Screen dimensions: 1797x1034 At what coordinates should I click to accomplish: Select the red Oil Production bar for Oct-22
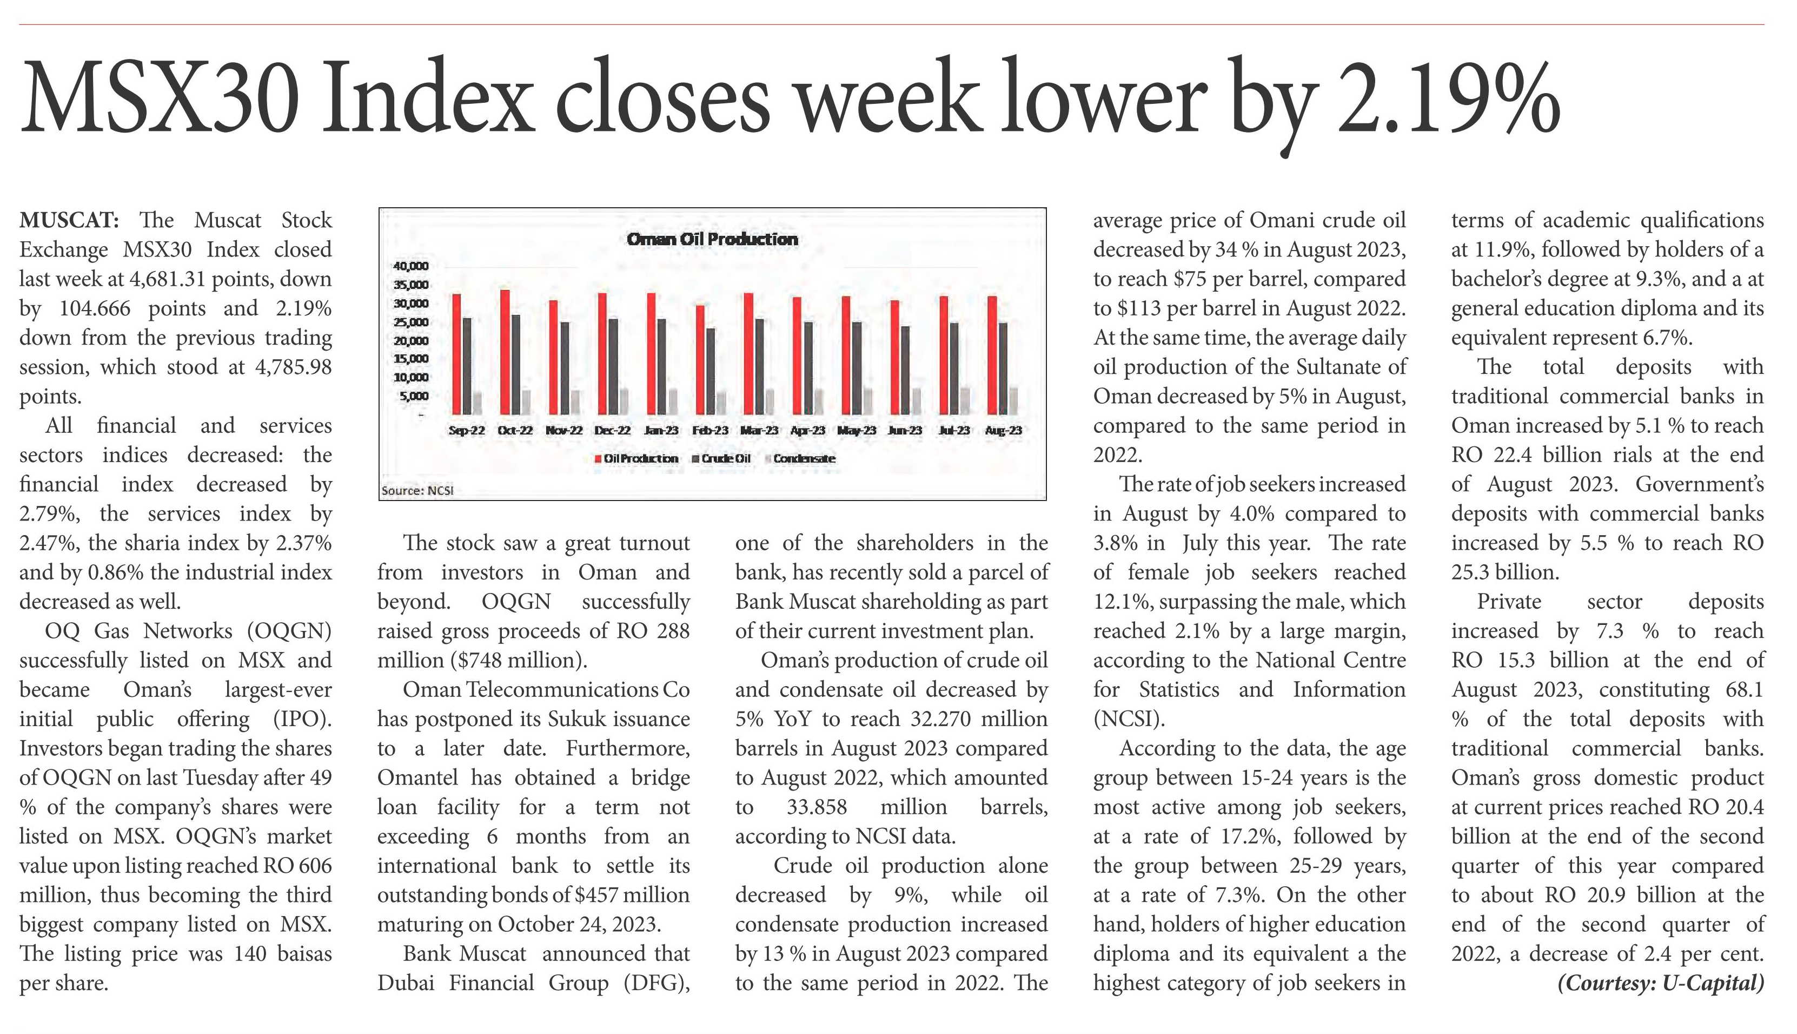tap(505, 352)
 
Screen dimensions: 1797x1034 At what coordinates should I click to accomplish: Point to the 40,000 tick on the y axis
tap(411, 266)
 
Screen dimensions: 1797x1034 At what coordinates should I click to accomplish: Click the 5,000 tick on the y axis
tap(414, 396)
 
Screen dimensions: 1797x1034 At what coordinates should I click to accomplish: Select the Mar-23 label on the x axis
tap(759, 430)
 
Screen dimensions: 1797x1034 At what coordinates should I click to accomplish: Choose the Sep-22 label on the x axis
tap(467, 430)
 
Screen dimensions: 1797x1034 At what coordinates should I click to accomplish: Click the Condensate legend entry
tap(800, 459)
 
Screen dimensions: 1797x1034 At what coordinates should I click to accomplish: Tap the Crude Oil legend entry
tap(722, 459)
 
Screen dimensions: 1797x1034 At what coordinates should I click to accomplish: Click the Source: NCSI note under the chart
tap(417, 491)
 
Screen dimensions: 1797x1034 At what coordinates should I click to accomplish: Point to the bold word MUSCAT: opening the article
tap(69, 220)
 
